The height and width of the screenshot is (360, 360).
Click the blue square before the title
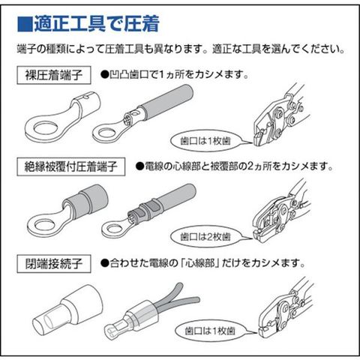pyautogui.click(x=25, y=24)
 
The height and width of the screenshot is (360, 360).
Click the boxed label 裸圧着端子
pyautogui.click(x=54, y=75)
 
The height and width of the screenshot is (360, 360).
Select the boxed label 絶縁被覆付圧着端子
pyautogui.click(x=71, y=166)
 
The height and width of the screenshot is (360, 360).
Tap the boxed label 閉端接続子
pyautogui.click(x=54, y=263)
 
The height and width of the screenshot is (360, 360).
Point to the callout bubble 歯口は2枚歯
pyautogui.click(x=205, y=236)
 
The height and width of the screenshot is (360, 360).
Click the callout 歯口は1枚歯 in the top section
pyautogui.click(x=205, y=141)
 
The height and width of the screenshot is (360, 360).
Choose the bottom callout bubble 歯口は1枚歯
pyautogui.click(x=210, y=331)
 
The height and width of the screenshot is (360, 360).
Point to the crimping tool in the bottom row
pyautogui.click(x=285, y=309)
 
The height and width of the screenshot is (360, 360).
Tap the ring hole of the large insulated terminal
pyautogui.click(x=44, y=225)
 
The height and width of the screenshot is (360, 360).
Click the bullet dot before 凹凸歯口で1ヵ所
pyautogui.click(x=104, y=75)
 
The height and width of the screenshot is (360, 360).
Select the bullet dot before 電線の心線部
pyautogui.click(x=139, y=166)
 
